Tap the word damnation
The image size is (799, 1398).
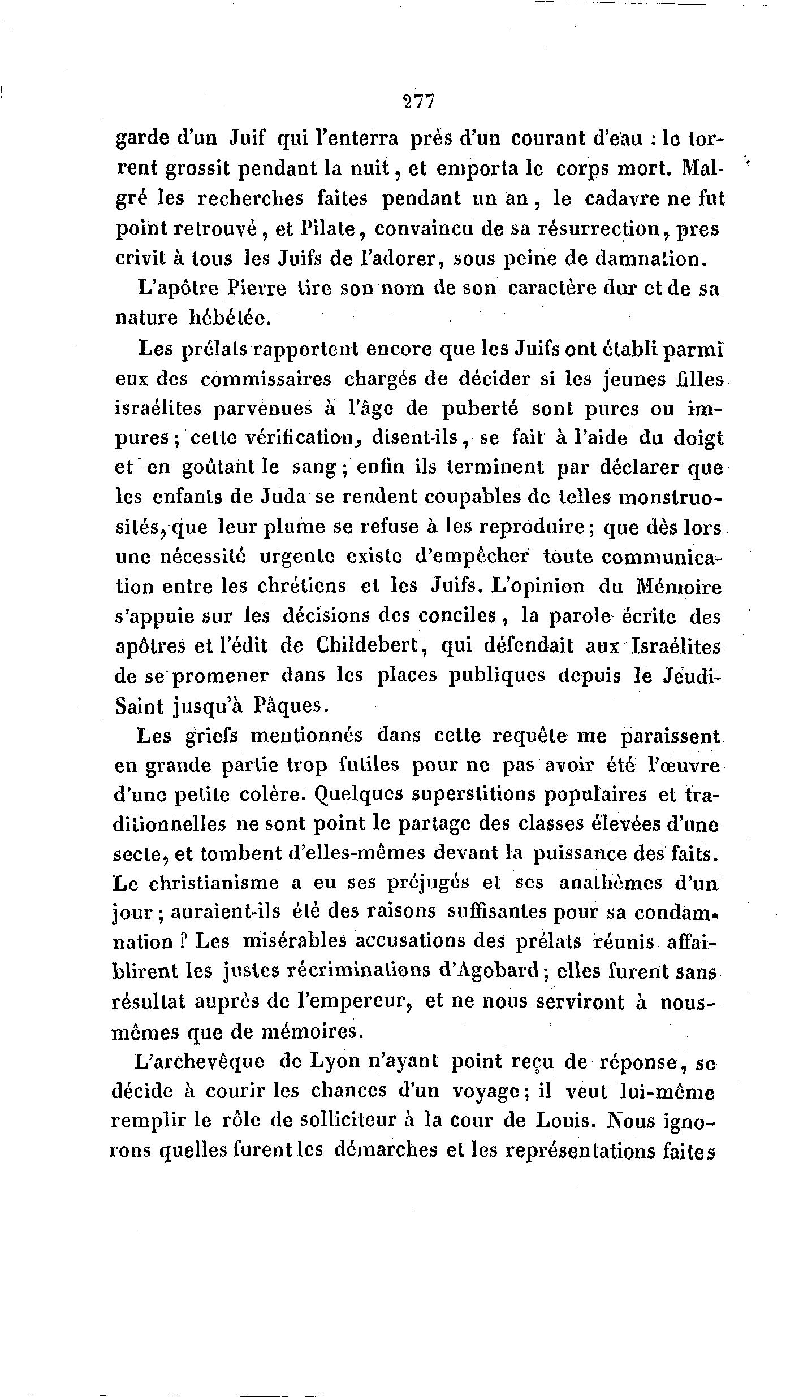[x=650, y=259]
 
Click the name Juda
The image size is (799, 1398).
[x=283, y=497]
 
